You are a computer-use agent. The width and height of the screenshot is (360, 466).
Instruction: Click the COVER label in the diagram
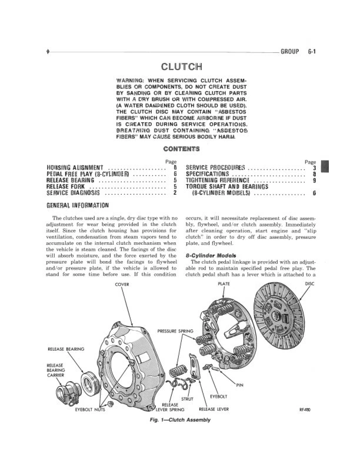(x=122, y=283)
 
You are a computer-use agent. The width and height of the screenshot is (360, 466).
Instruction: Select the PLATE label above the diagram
(x=224, y=283)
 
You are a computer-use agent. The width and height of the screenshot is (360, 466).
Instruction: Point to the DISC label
(x=311, y=283)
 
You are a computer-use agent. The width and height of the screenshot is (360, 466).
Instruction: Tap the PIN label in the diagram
(x=239, y=385)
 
